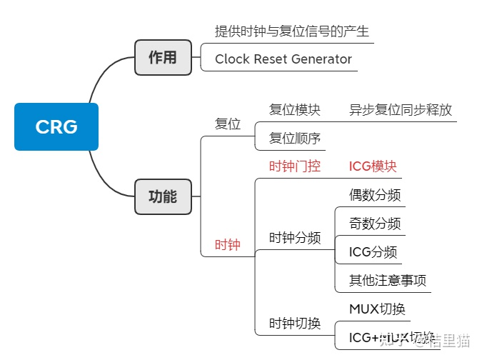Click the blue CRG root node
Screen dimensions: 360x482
pyautogui.click(x=56, y=126)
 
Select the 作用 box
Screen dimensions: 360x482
pyautogui.click(x=163, y=58)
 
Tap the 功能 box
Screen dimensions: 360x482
pyautogui.click(x=163, y=196)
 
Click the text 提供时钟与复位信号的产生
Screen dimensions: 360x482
pyautogui.click(x=291, y=32)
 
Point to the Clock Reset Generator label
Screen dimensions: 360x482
pyautogui.click(x=283, y=59)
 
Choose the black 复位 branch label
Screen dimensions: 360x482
pyautogui.click(x=228, y=124)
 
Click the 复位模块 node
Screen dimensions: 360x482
pyautogui.click(x=294, y=110)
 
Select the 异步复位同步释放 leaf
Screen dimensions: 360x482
pyautogui.click(x=400, y=110)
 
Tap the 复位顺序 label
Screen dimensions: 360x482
pyautogui.click(x=294, y=138)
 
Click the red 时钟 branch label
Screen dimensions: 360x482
pyautogui.click(x=228, y=245)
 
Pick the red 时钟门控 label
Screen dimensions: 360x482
pyautogui.click(x=294, y=166)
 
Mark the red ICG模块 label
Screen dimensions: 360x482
pyautogui.click(x=372, y=166)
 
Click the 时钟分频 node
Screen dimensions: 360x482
pyautogui.click(x=294, y=238)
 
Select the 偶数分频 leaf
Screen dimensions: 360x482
pyautogui.click(x=375, y=195)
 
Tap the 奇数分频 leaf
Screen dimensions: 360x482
pyautogui.click(x=375, y=224)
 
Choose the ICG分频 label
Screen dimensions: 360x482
pyautogui.click(x=373, y=251)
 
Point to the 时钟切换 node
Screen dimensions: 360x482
pyautogui.click(x=294, y=323)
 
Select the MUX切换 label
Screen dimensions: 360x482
pyautogui.click(x=377, y=309)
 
